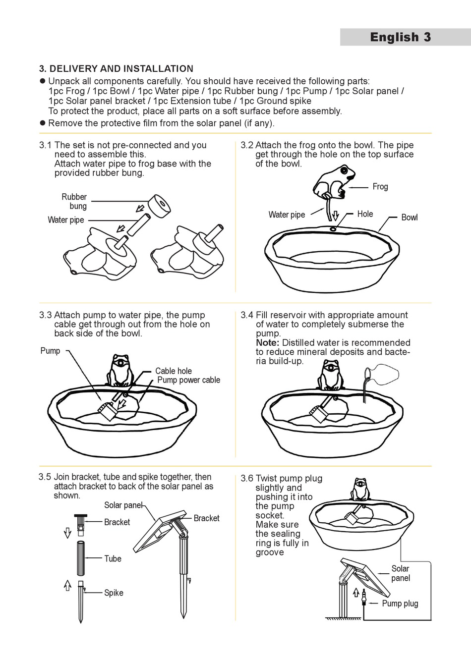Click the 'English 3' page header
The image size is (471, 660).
(400, 37)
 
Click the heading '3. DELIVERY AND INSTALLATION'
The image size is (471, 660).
(116, 69)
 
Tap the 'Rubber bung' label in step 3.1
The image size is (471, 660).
(74, 201)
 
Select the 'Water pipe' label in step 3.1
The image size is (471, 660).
(66, 220)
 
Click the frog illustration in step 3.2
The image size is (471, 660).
(335, 182)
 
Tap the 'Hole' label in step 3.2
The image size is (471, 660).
(365, 214)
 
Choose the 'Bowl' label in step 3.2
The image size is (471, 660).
(409, 218)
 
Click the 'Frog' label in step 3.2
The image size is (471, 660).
(380, 187)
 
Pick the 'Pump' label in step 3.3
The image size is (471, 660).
(50, 351)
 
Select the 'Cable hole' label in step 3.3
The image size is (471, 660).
(173, 371)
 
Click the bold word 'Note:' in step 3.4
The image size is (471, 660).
(268, 343)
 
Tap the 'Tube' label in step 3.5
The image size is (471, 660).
(113, 559)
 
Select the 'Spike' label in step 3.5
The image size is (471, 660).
(114, 593)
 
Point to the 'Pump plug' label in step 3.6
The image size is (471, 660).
(400, 604)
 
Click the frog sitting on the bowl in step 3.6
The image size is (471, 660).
(360, 490)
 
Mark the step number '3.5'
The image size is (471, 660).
(45, 477)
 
